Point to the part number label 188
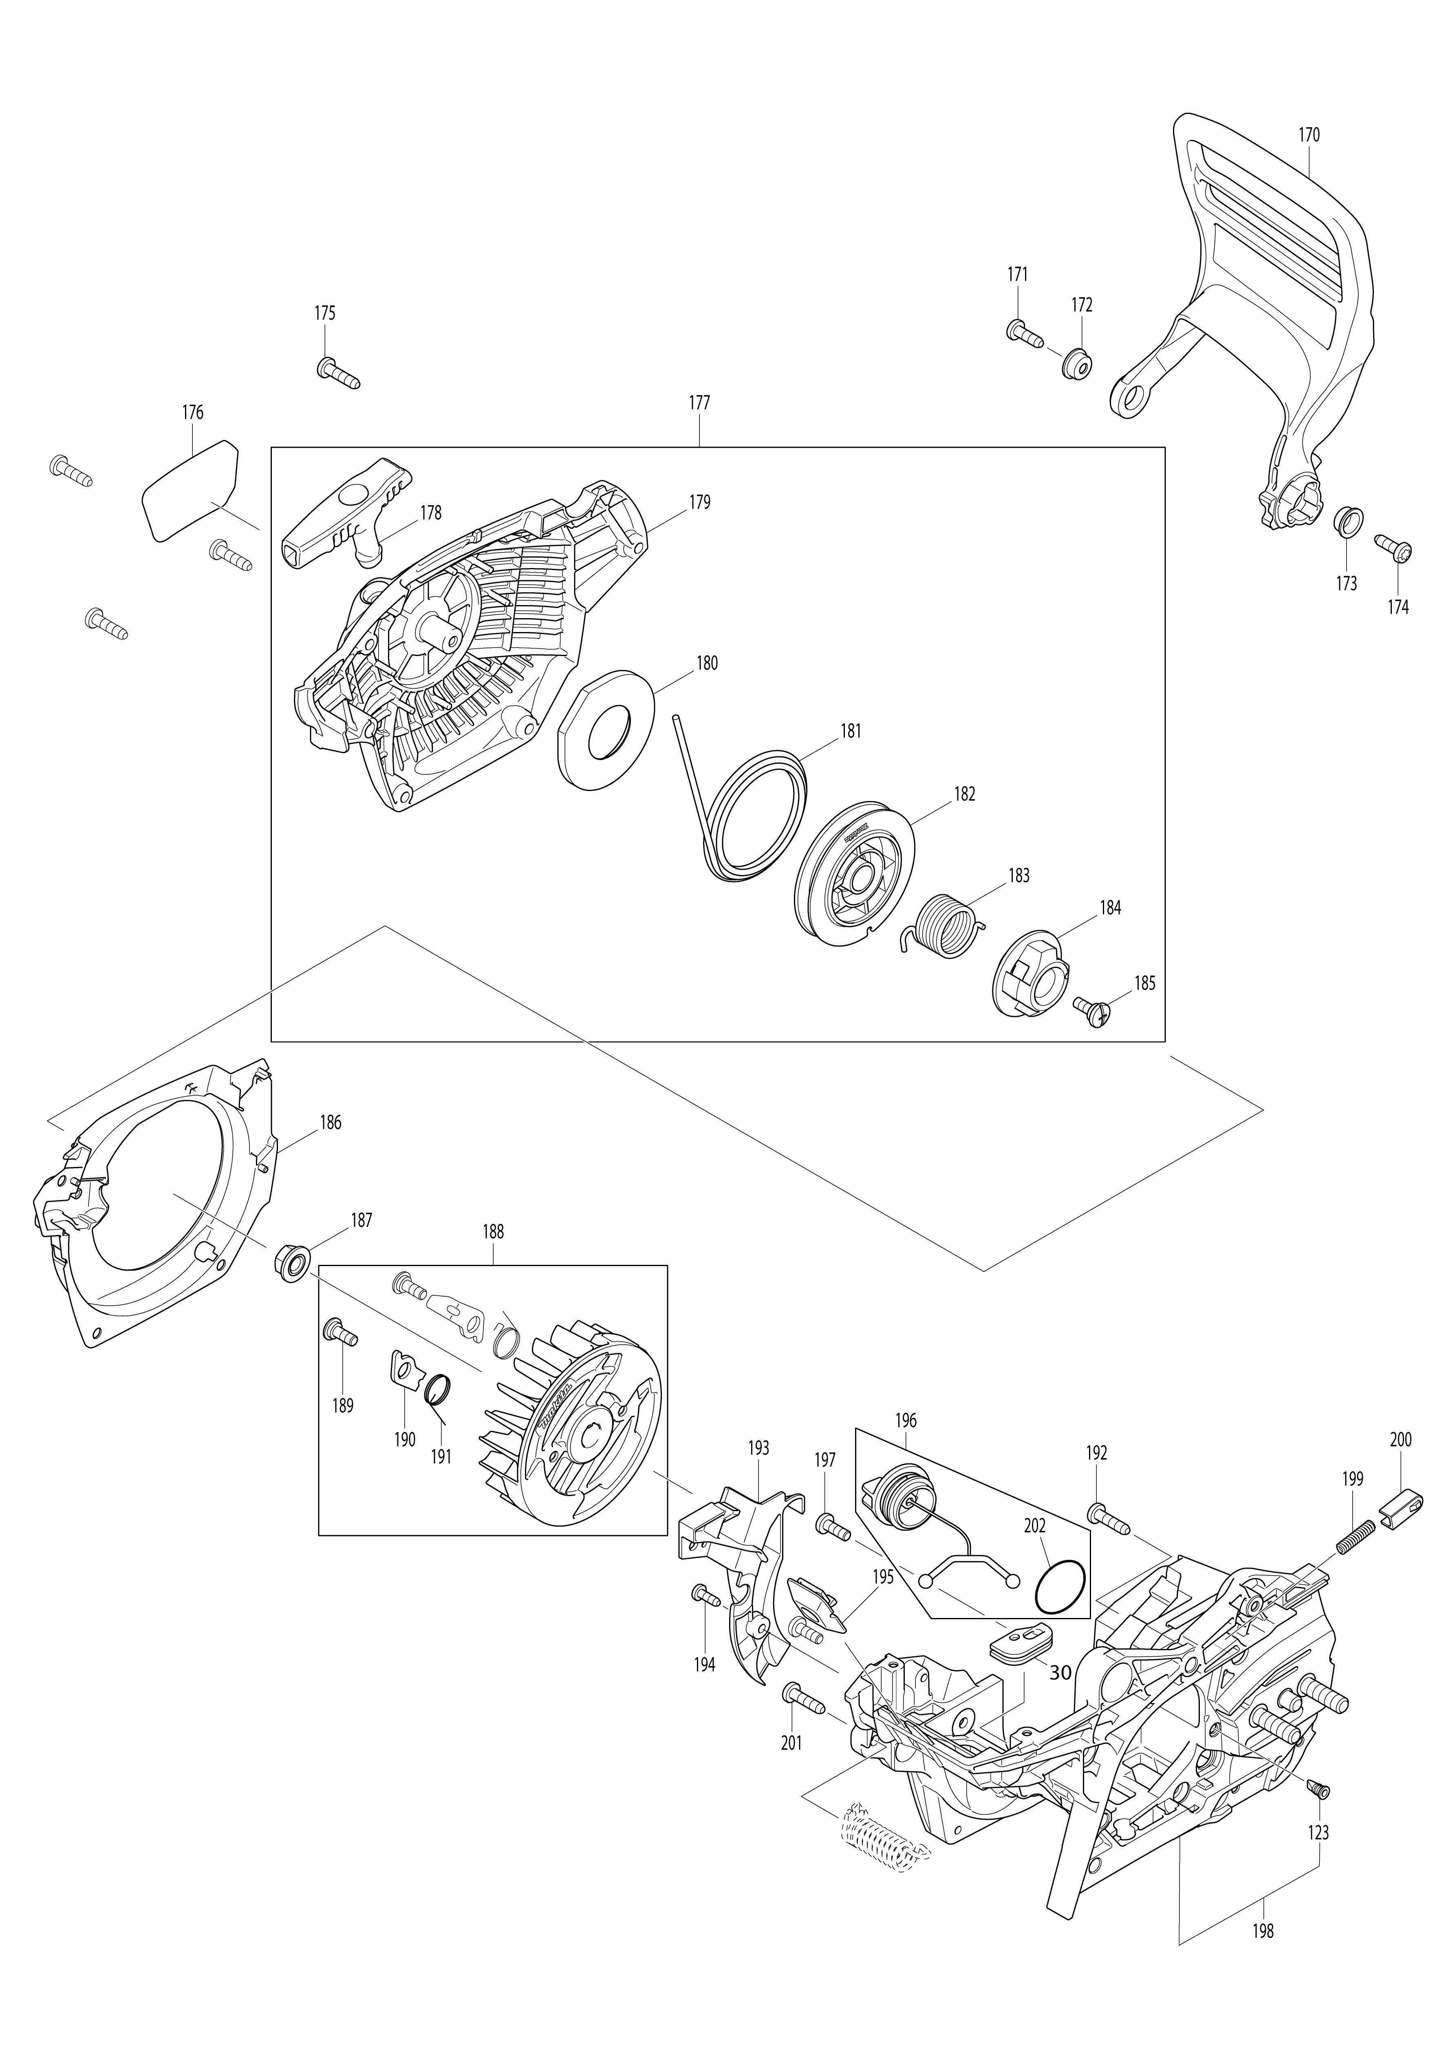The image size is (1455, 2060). pyautogui.click(x=492, y=1232)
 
